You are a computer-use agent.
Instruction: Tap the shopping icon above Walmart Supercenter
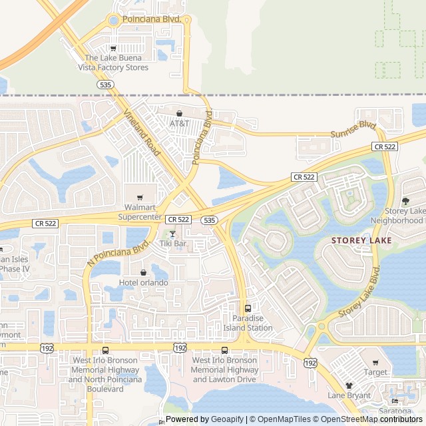click(139, 197)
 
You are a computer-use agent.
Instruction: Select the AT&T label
click(179, 123)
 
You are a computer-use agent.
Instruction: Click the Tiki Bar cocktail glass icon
click(172, 234)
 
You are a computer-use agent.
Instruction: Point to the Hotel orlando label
click(143, 282)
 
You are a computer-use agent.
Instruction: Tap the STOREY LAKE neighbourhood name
click(361, 240)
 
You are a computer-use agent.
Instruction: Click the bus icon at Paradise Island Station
click(248, 308)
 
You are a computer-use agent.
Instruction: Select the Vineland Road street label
click(142, 133)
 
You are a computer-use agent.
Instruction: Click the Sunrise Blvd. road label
click(353, 130)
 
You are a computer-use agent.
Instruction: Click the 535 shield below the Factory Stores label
click(105, 85)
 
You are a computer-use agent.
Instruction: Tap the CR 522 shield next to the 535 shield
click(179, 219)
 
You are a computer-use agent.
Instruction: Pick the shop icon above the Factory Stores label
click(113, 48)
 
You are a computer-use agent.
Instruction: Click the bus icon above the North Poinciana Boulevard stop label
click(105, 351)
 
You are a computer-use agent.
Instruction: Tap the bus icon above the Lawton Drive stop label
click(224, 351)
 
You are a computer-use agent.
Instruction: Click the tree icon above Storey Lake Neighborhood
click(405, 201)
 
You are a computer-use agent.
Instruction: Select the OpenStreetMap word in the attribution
click(350, 419)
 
